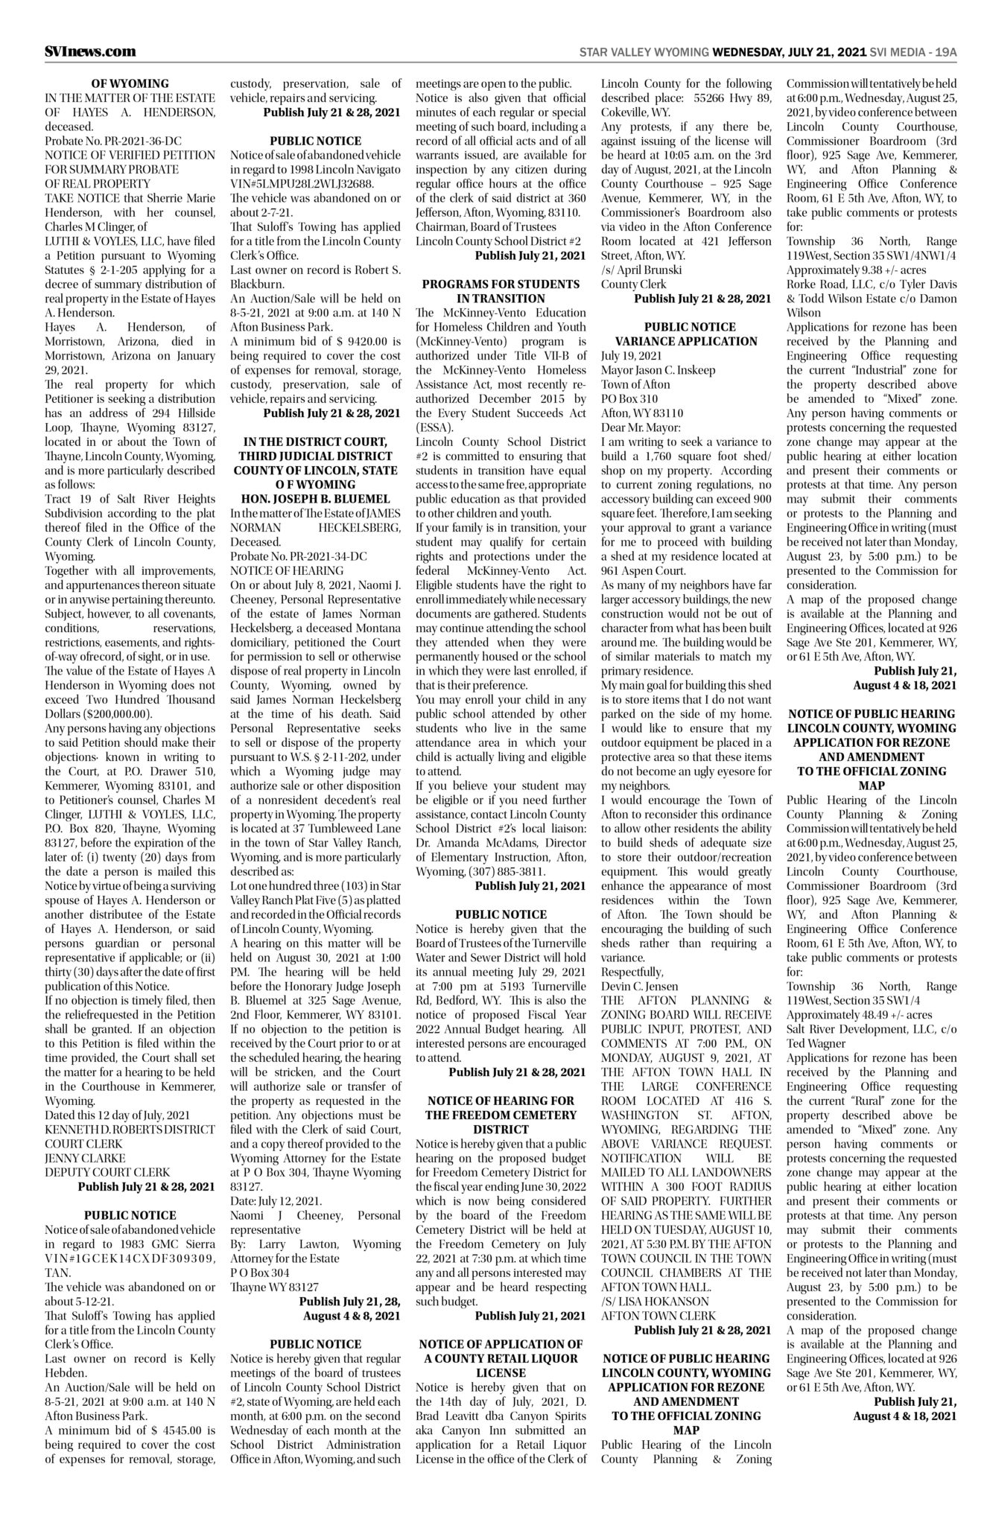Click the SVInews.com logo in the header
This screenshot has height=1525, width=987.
90,51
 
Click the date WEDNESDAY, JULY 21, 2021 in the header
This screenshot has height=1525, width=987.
789,52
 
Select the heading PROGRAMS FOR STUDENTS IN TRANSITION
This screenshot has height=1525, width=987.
500,291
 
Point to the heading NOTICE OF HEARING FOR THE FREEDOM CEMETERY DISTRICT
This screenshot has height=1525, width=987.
500,1114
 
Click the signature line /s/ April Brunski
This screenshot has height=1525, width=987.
641,270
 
